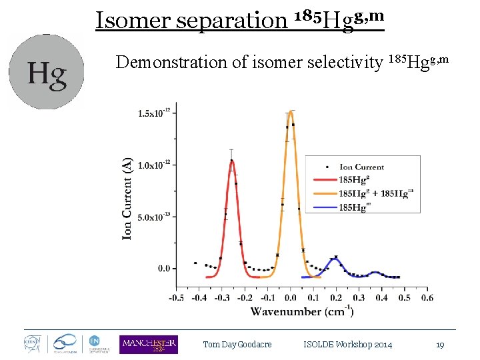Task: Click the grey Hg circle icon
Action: click(x=46, y=72)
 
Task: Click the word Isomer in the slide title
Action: click(x=134, y=19)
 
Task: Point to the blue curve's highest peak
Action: click(x=335, y=257)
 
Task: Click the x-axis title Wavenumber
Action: click(x=302, y=311)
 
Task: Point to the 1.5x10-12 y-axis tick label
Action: click(x=154, y=113)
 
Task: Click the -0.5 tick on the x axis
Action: click(x=177, y=298)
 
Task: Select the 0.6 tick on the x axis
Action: click(x=427, y=298)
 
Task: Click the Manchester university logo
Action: click(x=148, y=344)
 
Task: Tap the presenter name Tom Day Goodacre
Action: click(x=238, y=345)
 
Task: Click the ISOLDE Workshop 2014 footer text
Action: click(x=347, y=345)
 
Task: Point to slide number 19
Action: click(x=440, y=345)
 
